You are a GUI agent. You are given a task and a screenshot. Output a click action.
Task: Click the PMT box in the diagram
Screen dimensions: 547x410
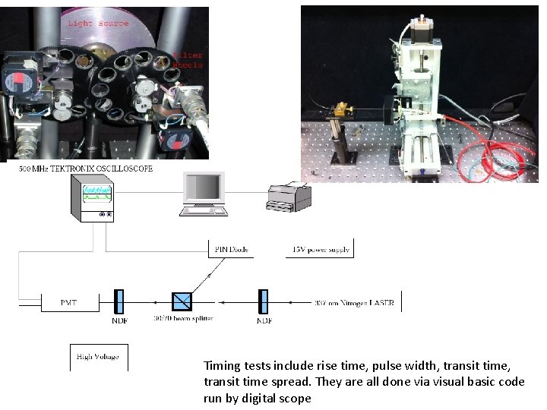[x=69, y=302]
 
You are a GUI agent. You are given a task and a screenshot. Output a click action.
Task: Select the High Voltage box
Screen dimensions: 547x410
[x=98, y=357]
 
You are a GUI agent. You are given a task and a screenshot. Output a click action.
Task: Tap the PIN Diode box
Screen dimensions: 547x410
[x=232, y=249]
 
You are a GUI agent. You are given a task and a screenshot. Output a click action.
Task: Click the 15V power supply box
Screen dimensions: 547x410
[x=319, y=249]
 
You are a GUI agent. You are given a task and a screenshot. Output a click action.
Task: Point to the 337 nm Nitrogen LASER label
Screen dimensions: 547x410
[x=354, y=302]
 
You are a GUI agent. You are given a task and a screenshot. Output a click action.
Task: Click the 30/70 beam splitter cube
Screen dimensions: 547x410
[x=182, y=301]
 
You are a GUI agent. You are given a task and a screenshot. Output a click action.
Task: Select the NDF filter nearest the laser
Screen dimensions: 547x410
[x=264, y=301]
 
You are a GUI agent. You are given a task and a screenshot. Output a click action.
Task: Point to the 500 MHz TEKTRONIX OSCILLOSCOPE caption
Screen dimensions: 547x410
[x=86, y=169]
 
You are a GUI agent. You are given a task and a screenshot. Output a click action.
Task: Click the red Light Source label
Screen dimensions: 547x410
[x=98, y=24]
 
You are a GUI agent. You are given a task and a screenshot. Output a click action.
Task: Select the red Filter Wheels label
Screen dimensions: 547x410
[x=188, y=60]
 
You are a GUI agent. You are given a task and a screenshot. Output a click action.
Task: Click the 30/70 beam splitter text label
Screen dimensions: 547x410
[x=183, y=319]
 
